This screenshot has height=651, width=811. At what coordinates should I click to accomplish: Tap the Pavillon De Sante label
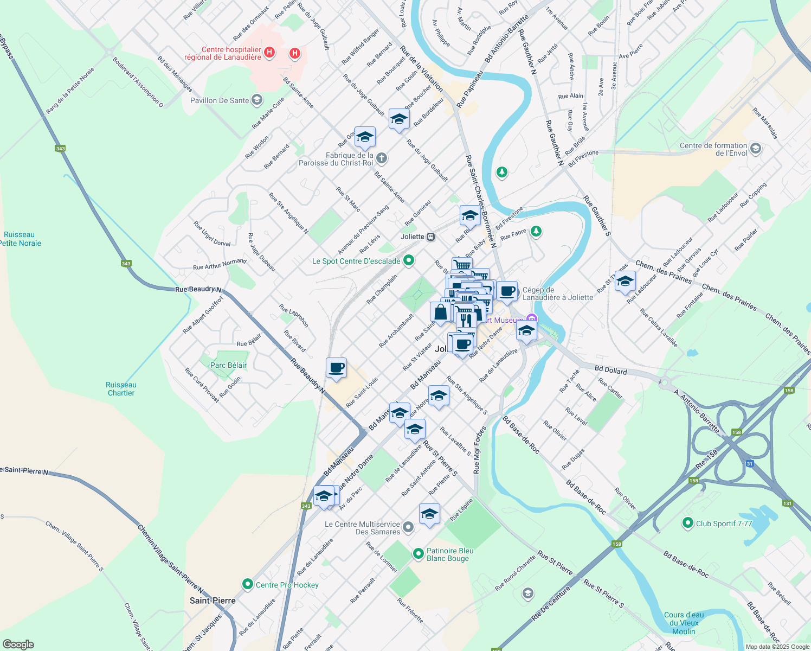[220, 100]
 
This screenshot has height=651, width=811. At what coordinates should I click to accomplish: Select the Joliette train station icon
[431, 237]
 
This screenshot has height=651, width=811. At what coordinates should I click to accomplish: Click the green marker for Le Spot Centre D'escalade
[409, 260]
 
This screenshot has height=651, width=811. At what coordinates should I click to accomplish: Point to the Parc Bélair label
[228, 365]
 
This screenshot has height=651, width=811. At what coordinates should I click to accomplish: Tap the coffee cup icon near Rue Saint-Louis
[336, 368]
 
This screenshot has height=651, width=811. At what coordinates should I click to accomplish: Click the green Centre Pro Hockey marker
[248, 584]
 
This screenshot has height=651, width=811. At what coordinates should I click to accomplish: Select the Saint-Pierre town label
[213, 601]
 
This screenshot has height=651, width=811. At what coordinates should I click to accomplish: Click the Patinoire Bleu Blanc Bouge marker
[418, 553]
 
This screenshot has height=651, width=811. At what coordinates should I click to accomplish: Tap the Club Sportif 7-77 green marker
[688, 523]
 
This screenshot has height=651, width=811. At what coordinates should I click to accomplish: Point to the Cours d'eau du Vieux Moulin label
[684, 623]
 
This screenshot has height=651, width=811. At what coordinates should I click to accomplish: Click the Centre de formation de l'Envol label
[713, 149]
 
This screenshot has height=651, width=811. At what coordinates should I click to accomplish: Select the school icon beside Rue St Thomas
[625, 282]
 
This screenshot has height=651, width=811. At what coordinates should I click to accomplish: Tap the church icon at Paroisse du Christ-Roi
[382, 158]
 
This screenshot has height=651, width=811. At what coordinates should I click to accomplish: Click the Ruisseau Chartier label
[121, 388]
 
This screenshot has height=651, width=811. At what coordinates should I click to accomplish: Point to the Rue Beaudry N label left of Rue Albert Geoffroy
[198, 289]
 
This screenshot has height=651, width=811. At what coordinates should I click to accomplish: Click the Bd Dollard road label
[610, 371]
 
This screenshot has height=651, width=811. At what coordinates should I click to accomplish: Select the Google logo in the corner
[18, 644]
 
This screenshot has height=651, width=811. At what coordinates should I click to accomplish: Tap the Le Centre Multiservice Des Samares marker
[408, 527]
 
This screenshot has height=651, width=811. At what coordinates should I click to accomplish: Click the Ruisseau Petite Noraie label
[20, 239]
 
